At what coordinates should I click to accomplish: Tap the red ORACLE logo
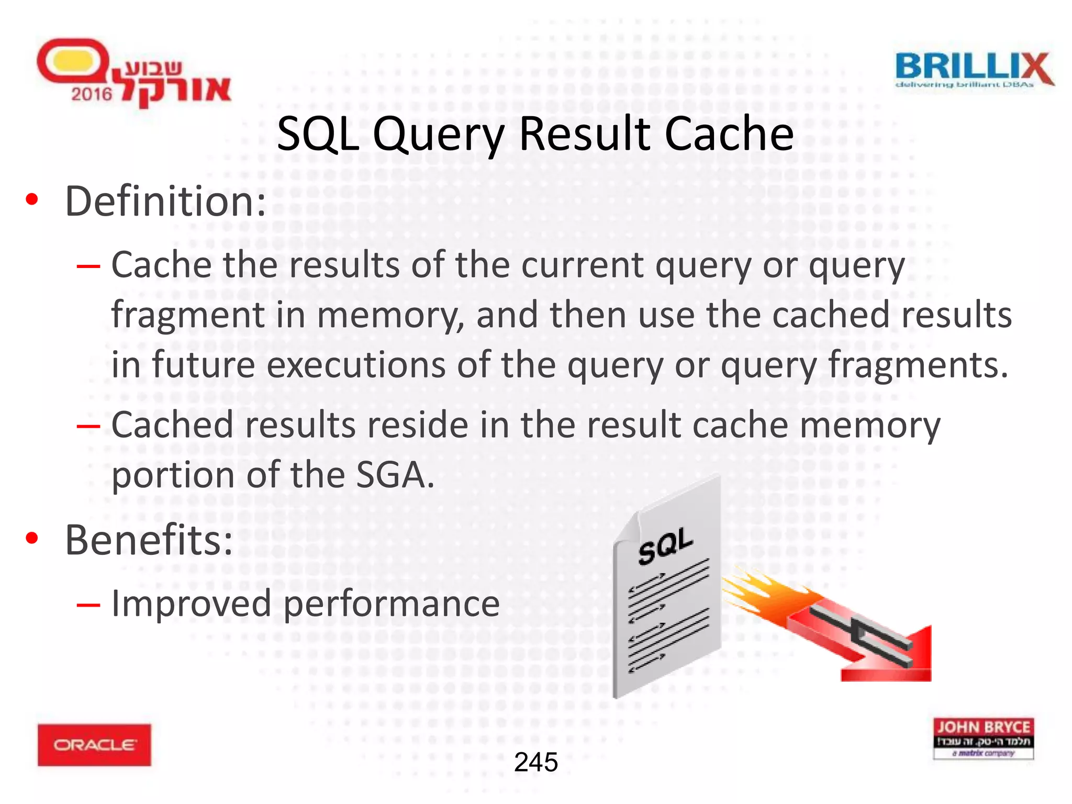(94, 744)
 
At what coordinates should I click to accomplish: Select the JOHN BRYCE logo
(983, 738)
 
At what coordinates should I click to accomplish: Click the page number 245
(535, 762)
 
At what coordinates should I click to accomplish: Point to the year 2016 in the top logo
(92, 94)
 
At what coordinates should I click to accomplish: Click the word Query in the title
(439, 135)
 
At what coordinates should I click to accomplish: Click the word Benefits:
(149, 540)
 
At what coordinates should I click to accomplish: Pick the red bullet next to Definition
(32, 200)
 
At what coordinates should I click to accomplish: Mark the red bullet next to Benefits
(32, 539)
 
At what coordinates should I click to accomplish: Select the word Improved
(191, 604)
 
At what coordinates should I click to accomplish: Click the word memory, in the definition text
(390, 316)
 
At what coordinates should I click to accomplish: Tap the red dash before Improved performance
(88, 605)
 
